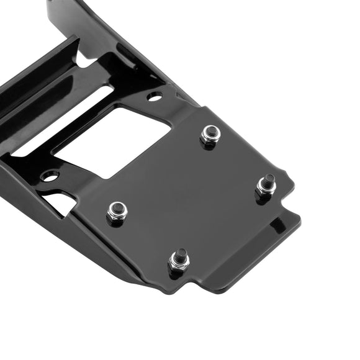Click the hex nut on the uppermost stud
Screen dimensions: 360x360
(x=210, y=137)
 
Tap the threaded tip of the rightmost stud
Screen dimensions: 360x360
(x=268, y=181)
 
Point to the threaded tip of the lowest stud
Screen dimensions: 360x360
(x=179, y=254)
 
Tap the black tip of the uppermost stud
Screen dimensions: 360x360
(x=211, y=131)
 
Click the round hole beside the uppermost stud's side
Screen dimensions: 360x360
(x=154, y=96)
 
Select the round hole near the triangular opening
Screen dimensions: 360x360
(x=50, y=176)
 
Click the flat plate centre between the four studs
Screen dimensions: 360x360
(x=192, y=199)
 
